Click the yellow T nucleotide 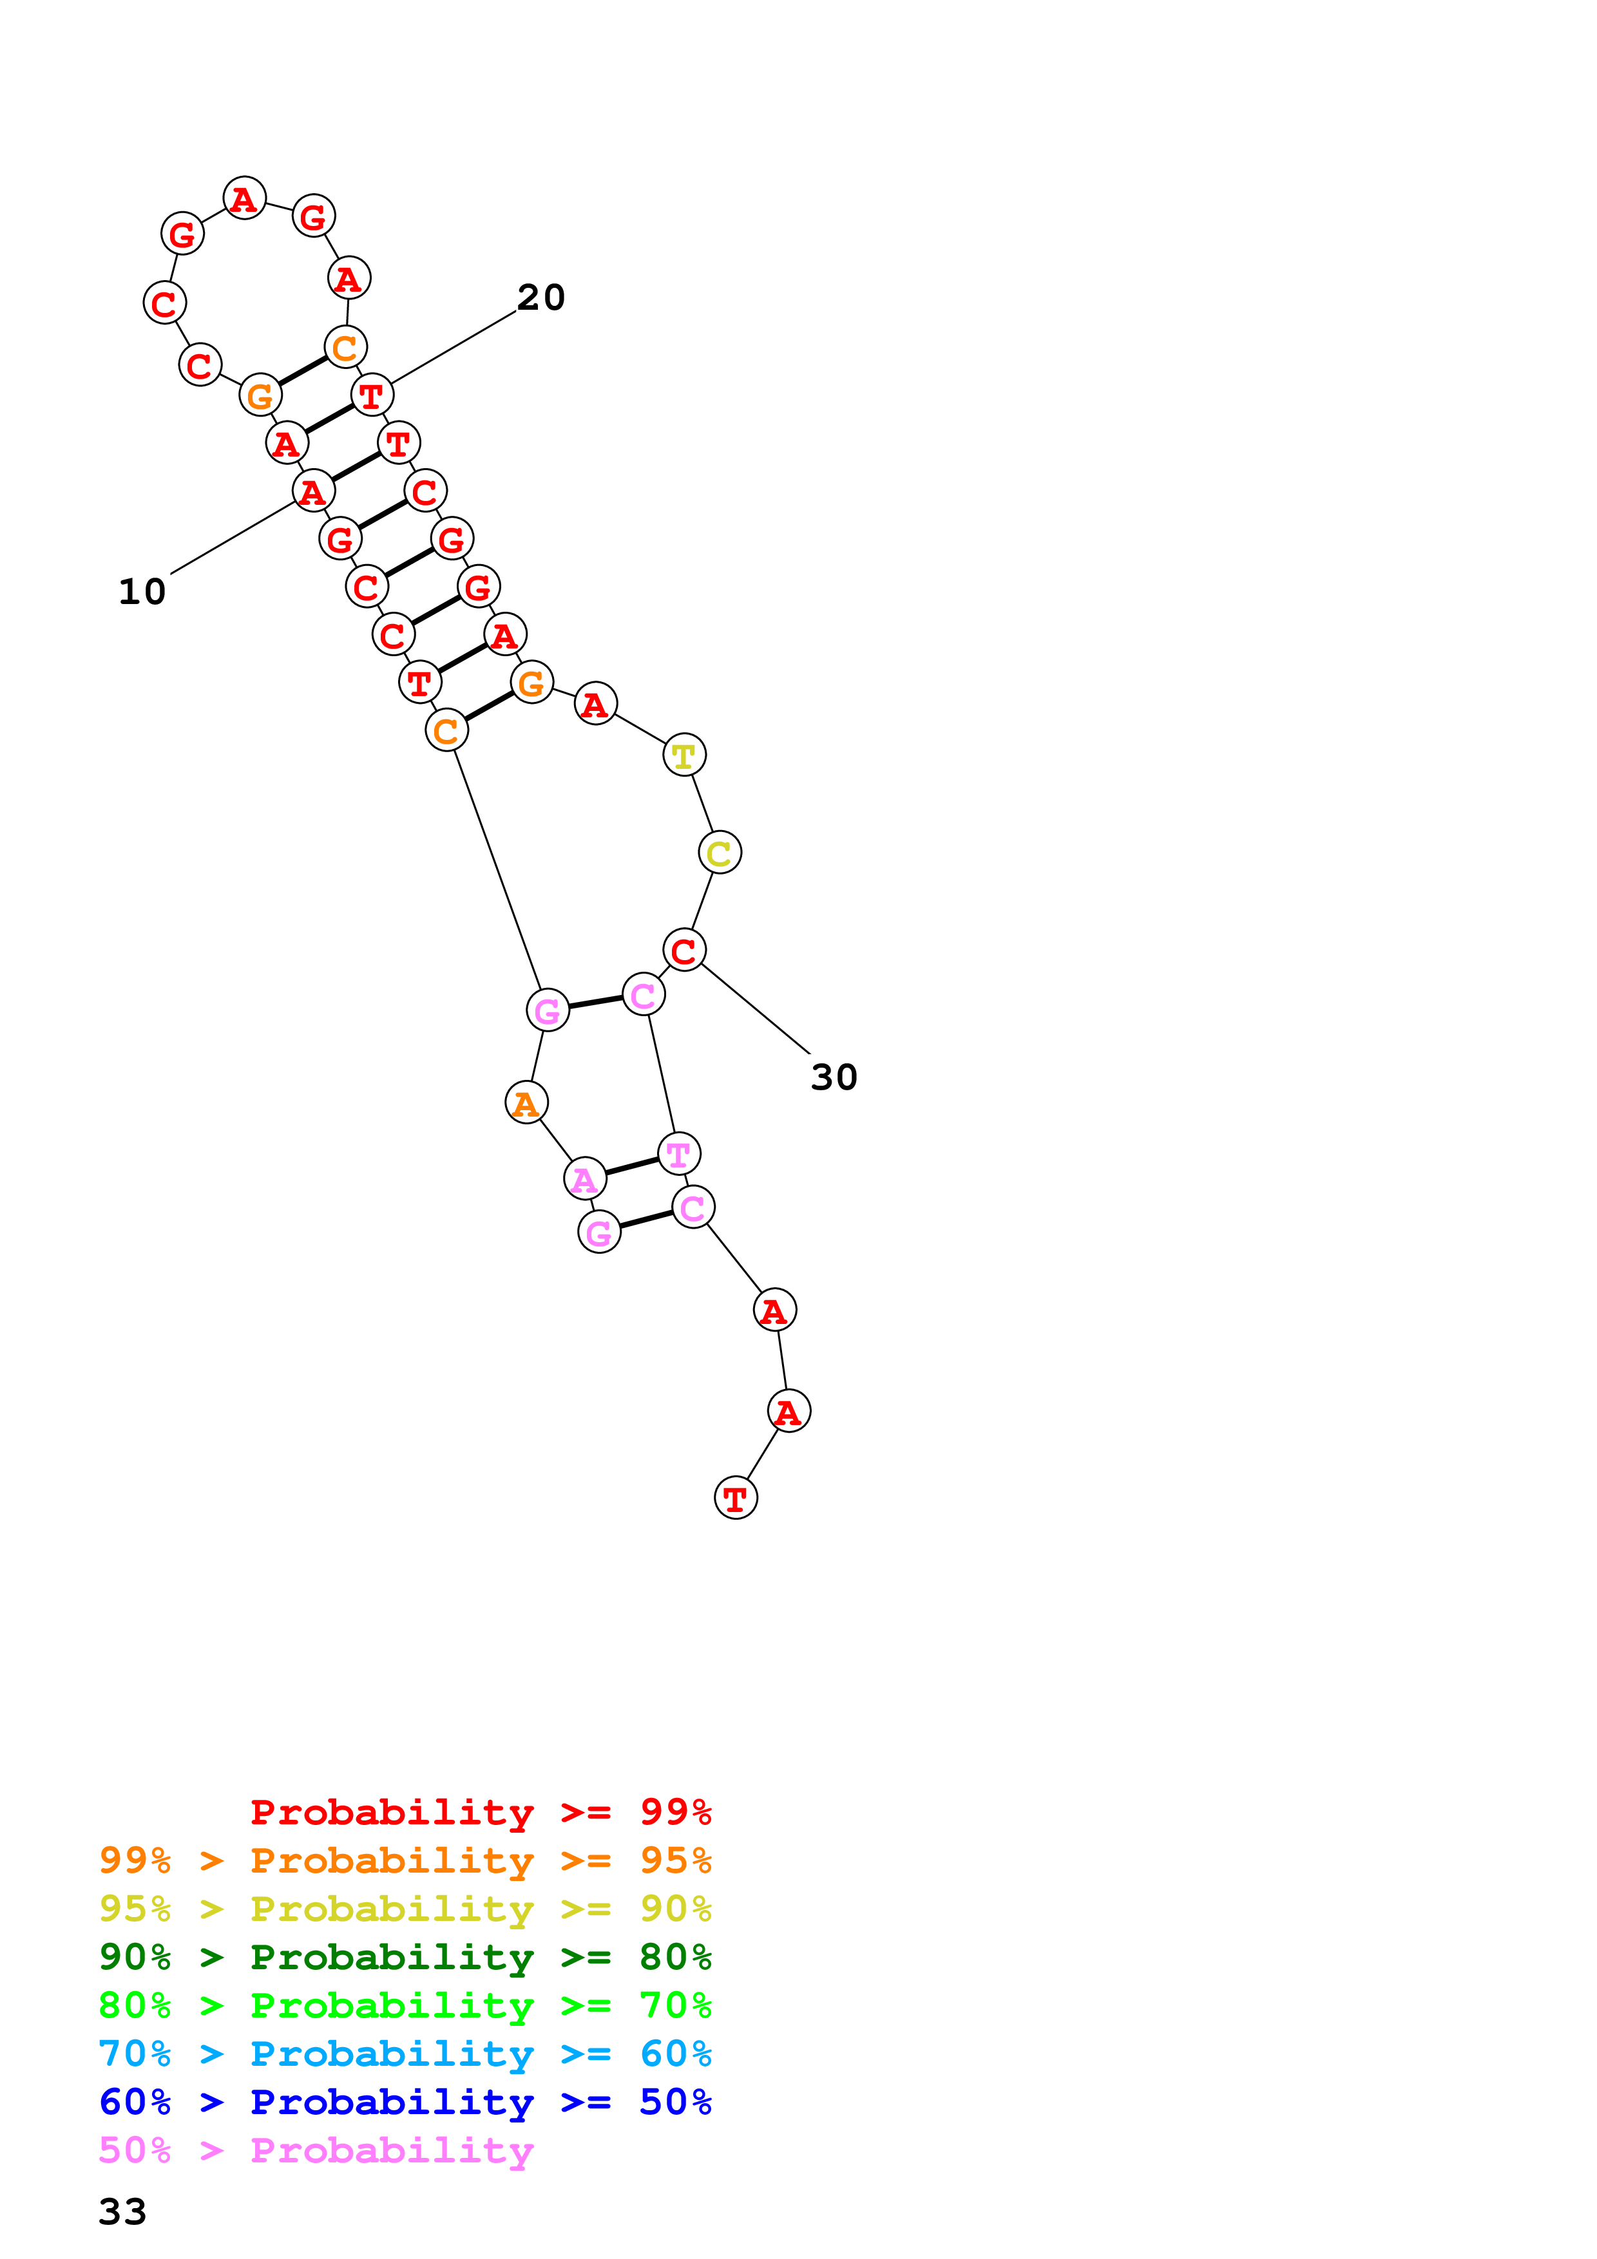684,755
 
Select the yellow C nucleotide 720,852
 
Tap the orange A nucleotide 526,1103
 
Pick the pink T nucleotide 678,1153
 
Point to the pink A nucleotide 584,1178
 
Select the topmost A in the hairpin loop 244,198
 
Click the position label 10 142,591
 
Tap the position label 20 541,297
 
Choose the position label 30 834,1077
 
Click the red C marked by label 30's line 684,949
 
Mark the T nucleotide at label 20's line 372,395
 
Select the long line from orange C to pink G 497,870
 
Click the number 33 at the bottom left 123,2211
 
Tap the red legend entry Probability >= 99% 480,1811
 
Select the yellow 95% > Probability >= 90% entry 405,1908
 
